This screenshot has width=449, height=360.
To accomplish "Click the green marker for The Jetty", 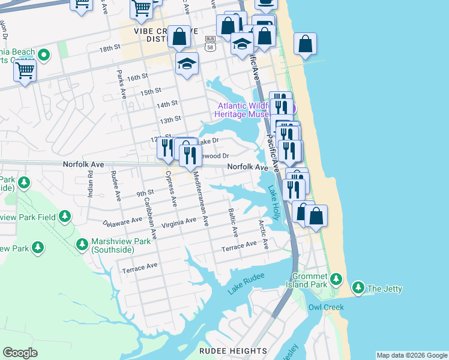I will pos(358,288).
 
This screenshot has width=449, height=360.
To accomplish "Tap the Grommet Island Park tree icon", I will pos(337,279).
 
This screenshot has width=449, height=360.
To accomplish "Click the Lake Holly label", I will pos(274,202).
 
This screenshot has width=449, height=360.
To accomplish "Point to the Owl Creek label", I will pos(326,307).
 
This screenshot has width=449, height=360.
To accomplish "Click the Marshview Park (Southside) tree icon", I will pos(83,244).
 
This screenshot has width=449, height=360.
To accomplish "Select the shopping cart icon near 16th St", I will pos(25,71).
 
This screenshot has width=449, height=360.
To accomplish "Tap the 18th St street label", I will pos(110,49).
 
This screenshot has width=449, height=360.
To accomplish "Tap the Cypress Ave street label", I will pos(170,190).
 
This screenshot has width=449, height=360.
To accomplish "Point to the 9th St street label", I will pos(145,193).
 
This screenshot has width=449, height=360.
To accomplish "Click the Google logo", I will pos(20,353).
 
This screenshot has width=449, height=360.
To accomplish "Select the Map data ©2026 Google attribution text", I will pos(411,355).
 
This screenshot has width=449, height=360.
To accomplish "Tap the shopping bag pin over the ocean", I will pos(305,44).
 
